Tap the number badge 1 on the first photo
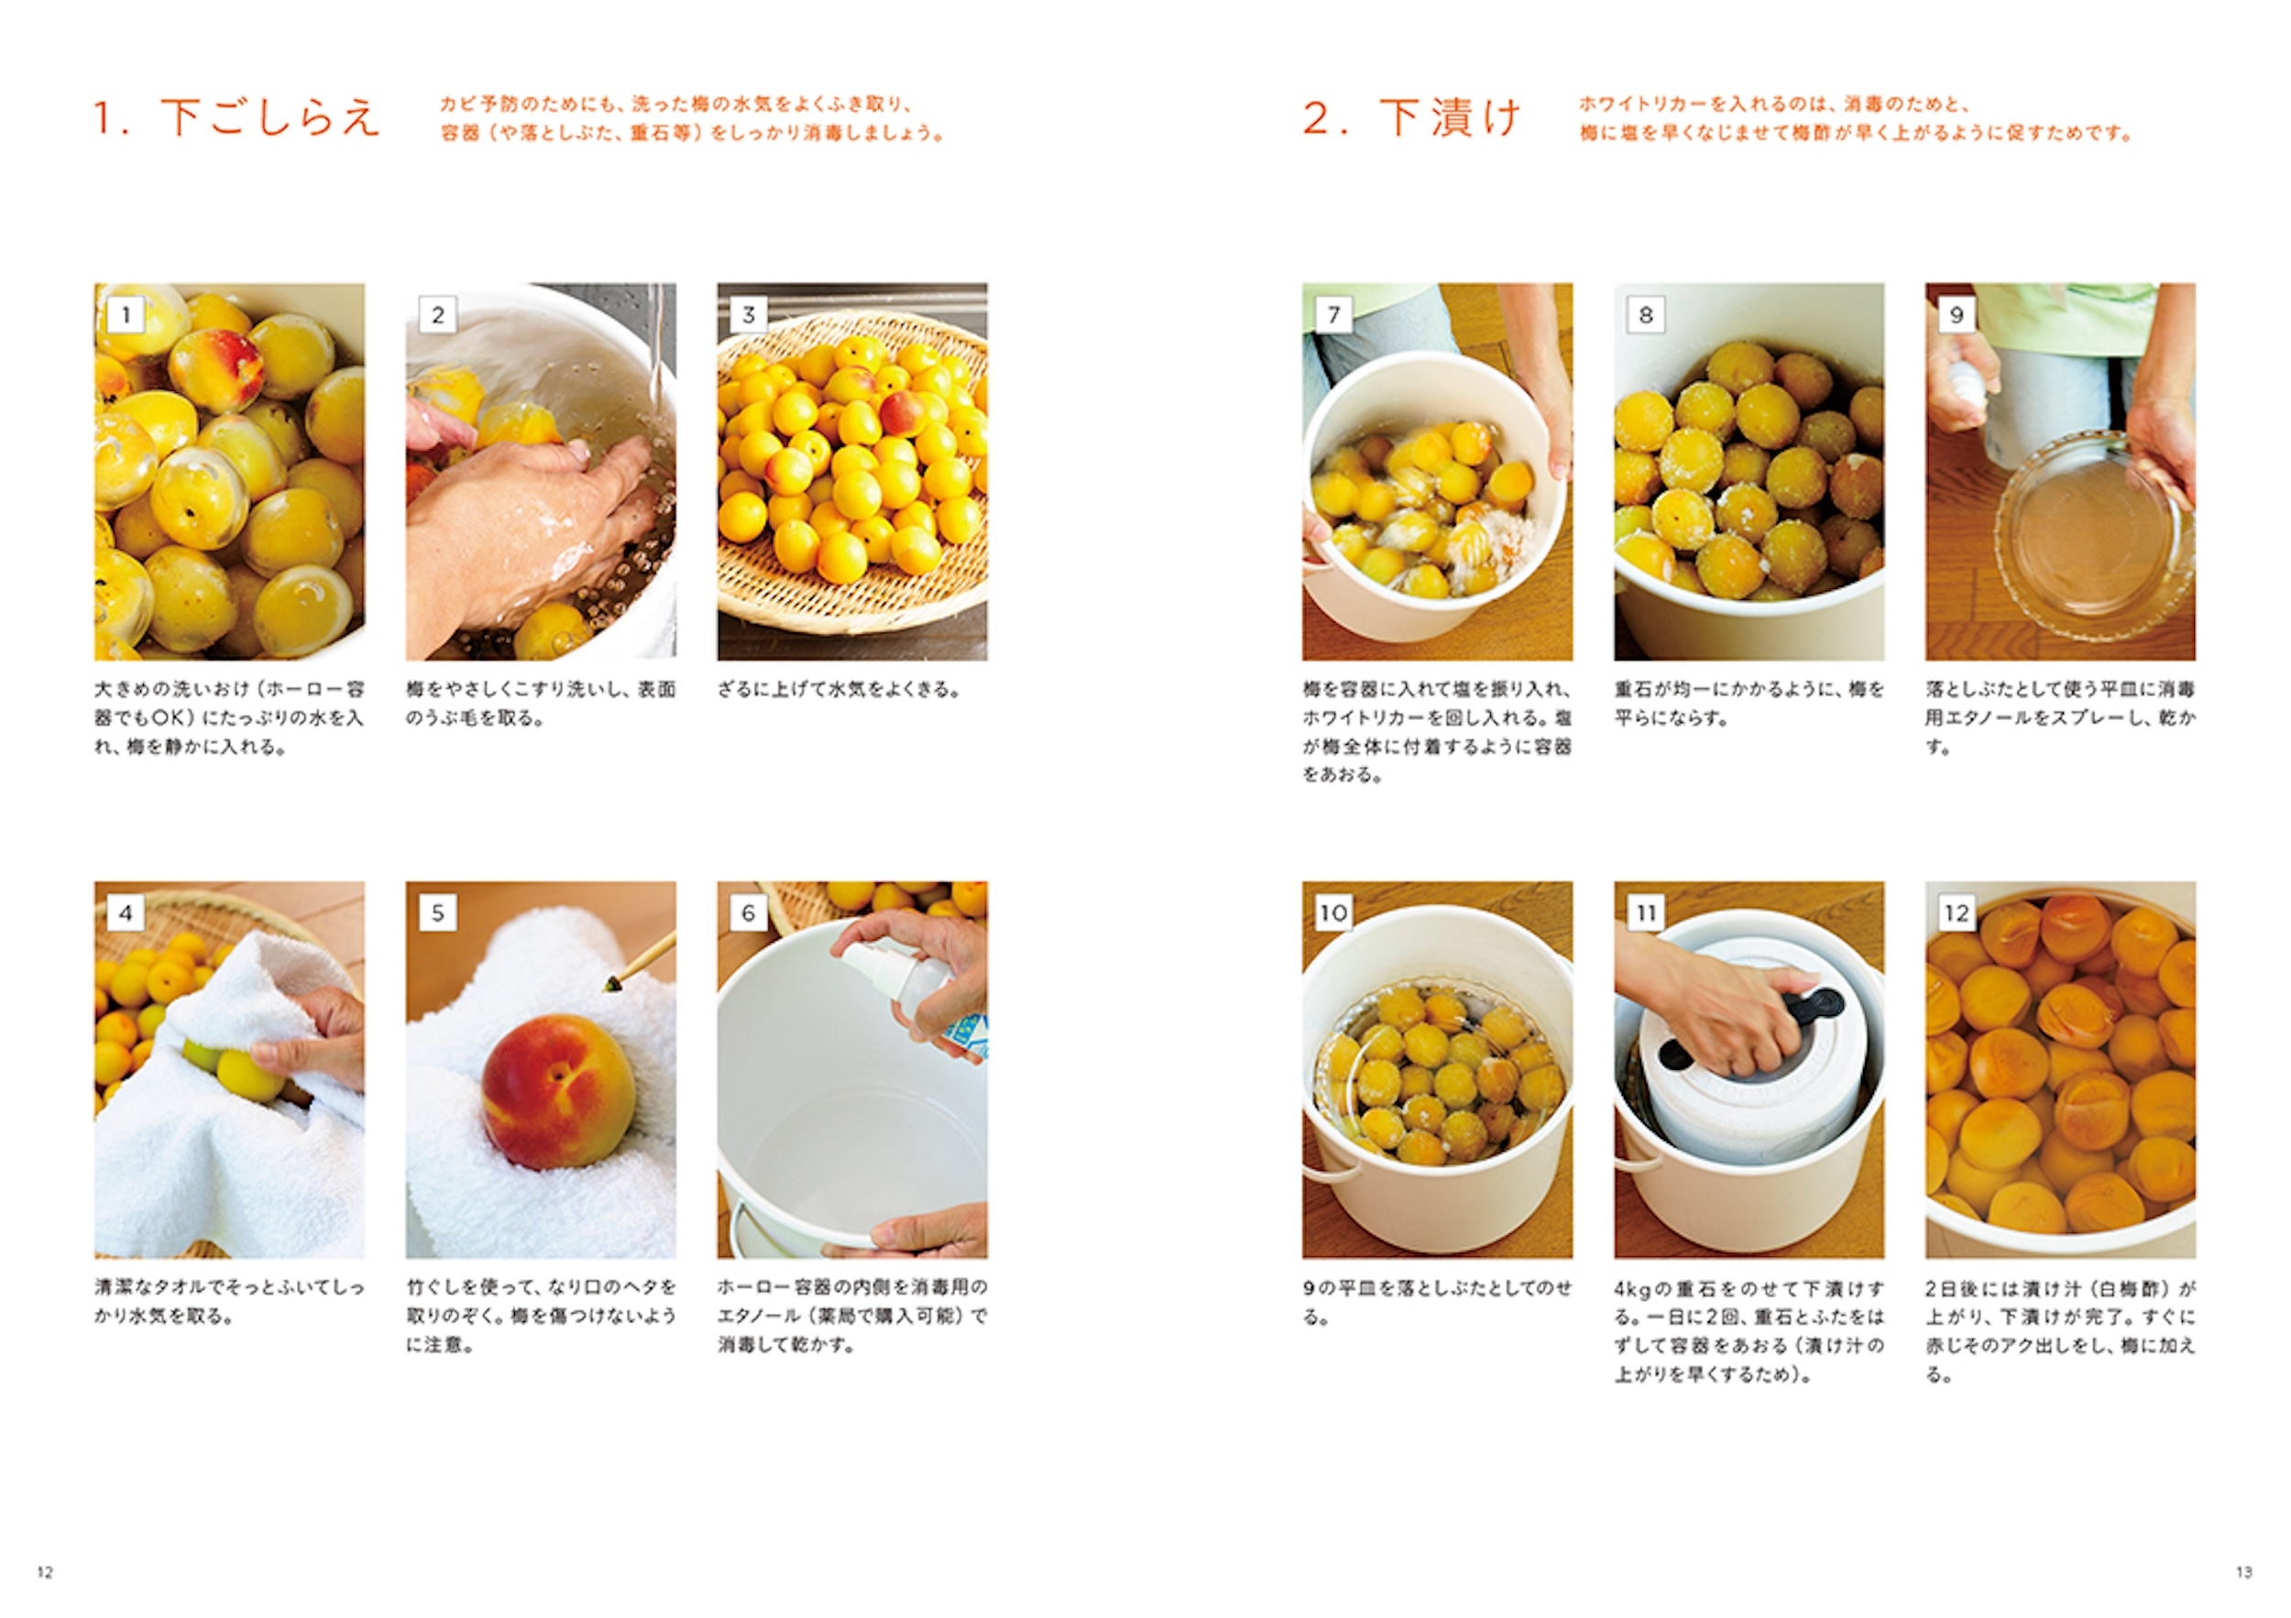click(126, 315)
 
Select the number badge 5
click(437, 913)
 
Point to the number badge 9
click(1956, 315)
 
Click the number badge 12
click(1956, 913)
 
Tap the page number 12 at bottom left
click(45, 1572)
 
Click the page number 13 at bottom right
click(2244, 1572)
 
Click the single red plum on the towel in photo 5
click(558, 1091)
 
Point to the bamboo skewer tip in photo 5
click(610, 985)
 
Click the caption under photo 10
click(1437, 1302)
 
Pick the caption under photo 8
click(1749, 704)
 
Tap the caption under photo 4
click(229, 1302)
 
